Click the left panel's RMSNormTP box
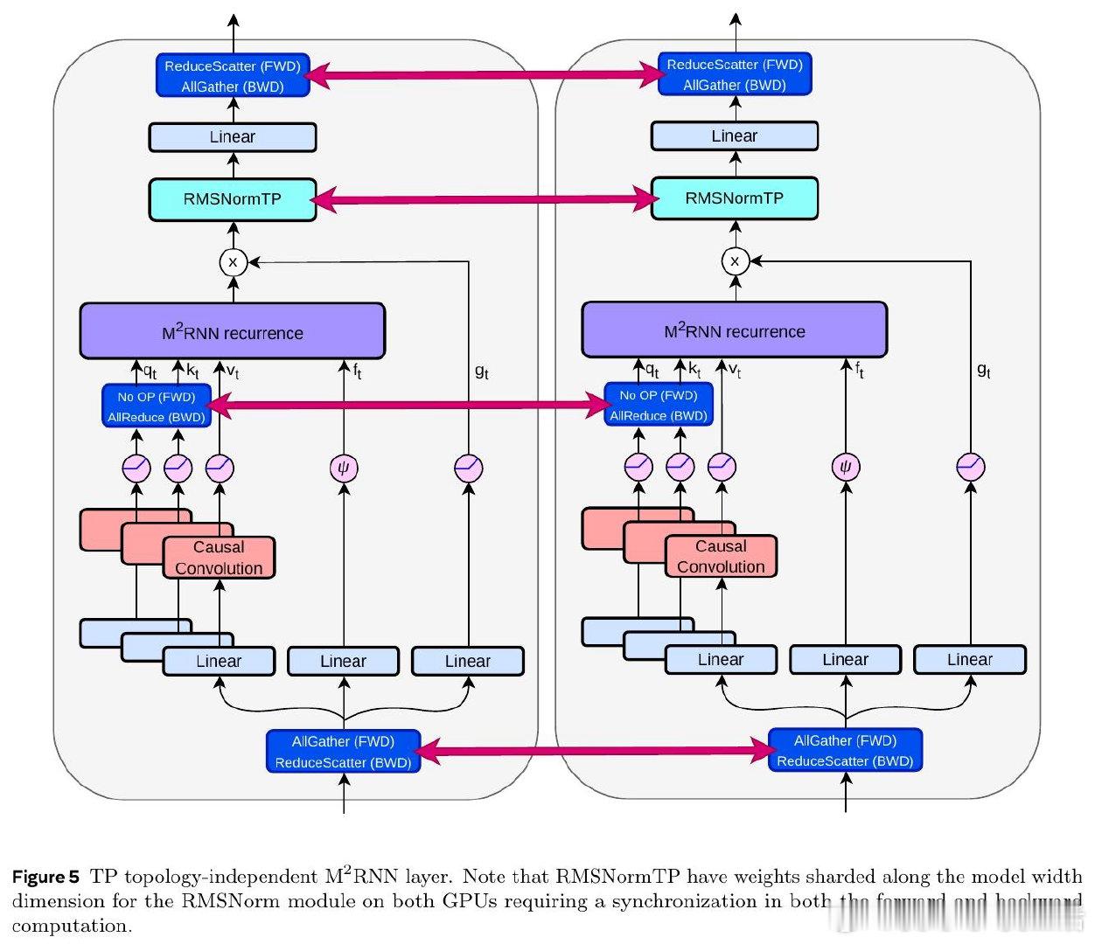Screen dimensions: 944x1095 [233, 199]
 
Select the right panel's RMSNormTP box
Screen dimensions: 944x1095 [735, 198]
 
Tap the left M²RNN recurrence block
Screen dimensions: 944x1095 [233, 332]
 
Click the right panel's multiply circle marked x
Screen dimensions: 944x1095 [735, 260]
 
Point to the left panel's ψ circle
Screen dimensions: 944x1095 [344, 469]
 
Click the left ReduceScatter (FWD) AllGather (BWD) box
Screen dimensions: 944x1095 [233, 76]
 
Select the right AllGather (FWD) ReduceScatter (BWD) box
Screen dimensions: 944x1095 [845, 751]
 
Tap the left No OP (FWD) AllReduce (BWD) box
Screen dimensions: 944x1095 [157, 406]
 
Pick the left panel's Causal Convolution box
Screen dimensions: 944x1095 [219, 558]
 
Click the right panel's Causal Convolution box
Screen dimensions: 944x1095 [721, 557]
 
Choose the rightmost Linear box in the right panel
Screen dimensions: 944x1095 [970, 660]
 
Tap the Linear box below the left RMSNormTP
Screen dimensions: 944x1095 [233, 137]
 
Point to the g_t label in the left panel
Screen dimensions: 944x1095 [482, 371]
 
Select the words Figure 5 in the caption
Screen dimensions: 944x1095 [45, 877]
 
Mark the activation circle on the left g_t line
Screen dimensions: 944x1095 [469, 469]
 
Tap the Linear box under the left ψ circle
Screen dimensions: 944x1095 [344, 662]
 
